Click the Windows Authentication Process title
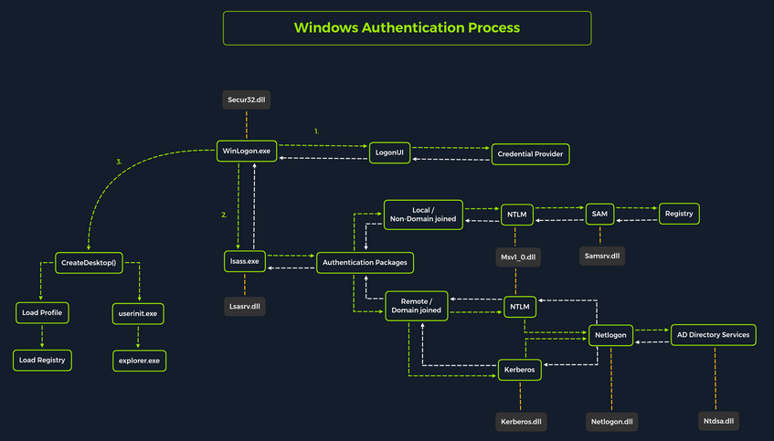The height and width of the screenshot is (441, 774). click(x=407, y=27)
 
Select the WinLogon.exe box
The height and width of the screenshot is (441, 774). click(x=246, y=150)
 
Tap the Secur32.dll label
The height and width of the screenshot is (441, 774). click(x=246, y=98)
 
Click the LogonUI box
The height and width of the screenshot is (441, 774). click(x=389, y=152)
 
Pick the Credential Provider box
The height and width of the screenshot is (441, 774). click(x=530, y=154)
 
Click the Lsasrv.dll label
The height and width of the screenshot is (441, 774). click(x=244, y=308)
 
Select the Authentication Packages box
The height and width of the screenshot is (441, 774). click(x=365, y=263)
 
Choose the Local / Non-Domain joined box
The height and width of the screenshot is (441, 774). click(x=423, y=215)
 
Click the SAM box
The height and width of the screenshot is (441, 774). click(x=599, y=214)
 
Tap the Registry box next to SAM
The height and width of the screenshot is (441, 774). click(x=679, y=214)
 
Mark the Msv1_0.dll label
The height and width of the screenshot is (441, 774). click(x=519, y=258)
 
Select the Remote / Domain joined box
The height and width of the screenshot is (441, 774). click(x=423, y=306)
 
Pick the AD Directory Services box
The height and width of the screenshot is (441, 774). click(x=714, y=335)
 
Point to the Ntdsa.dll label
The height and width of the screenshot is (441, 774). click(x=716, y=420)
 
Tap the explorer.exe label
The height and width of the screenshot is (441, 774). click(x=137, y=361)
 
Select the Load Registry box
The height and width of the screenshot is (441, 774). click(x=42, y=360)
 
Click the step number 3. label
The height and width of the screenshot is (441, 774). click(x=119, y=162)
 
